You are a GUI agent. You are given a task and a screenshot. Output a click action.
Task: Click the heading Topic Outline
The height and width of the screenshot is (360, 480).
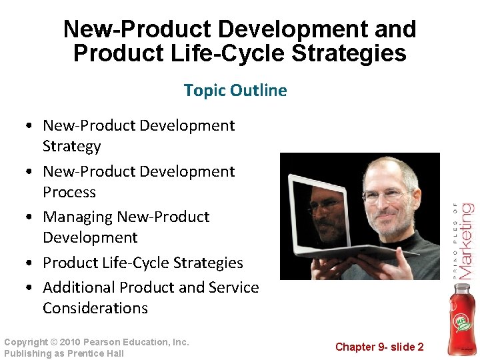pos(235,90)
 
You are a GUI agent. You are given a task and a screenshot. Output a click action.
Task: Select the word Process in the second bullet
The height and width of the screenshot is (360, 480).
pos(69,192)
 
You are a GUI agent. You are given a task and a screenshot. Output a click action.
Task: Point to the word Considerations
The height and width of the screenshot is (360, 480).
pos(95,308)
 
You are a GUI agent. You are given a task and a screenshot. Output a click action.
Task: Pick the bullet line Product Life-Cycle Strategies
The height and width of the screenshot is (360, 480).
pos(143,263)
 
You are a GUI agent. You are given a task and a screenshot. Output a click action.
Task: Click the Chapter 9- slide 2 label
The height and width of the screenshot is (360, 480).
pos(379,347)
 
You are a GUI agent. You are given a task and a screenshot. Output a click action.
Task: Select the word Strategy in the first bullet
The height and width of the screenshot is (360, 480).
pos(72,146)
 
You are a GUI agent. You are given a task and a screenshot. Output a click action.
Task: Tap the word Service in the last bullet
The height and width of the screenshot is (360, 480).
pos(233,287)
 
